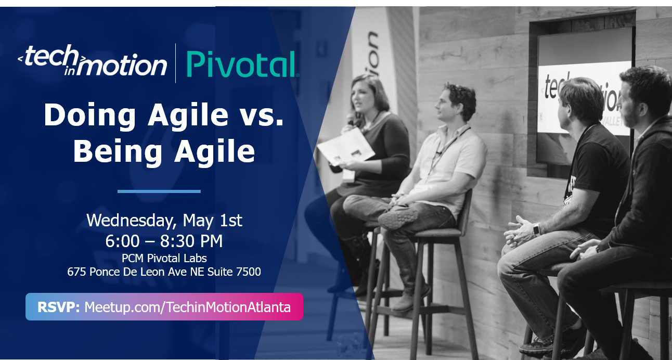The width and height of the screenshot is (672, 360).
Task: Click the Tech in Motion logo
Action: pyautogui.click(x=93, y=60)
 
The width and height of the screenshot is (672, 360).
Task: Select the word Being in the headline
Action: pyautogui.click(x=118, y=152)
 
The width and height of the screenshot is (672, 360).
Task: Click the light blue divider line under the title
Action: pyautogui.click(x=159, y=191)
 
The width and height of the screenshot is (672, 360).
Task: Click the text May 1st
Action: pyautogui.click(x=212, y=220)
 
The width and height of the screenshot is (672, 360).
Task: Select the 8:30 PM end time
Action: pyautogui.click(x=191, y=241)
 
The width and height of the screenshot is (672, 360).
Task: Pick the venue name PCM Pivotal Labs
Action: pyautogui.click(x=164, y=258)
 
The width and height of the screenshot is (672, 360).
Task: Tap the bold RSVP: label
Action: pyautogui.click(x=58, y=307)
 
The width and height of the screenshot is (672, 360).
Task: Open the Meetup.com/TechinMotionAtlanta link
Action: pyautogui.click(x=187, y=307)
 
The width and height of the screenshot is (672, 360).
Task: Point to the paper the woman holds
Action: pyautogui.click(x=346, y=146)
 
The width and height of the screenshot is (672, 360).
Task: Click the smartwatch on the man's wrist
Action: pyautogui.click(x=537, y=229)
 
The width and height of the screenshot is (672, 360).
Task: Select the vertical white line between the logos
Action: pyautogui.click(x=175, y=63)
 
